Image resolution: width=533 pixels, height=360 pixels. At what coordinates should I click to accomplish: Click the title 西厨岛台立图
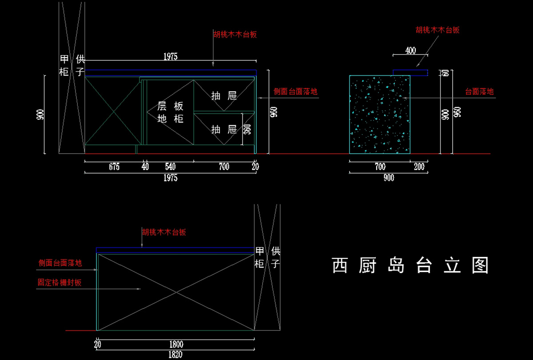pyautogui.click(x=410, y=265)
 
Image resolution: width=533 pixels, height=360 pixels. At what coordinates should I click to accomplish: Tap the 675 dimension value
pyautogui.click(x=114, y=167)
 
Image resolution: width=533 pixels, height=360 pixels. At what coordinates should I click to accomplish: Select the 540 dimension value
pyautogui.click(x=171, y=167)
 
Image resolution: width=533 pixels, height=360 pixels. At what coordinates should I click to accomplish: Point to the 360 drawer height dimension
pyautogui.click(x=247, y=129)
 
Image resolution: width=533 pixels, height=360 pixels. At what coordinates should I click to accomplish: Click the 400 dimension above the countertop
pyautogui.click(x=410, y=51)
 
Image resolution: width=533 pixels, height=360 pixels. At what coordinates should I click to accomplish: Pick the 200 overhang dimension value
pyautogui.click(x=419, y=167)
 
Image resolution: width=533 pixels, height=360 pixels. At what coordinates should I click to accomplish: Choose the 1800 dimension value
pyautogui.click(x=176, y=344)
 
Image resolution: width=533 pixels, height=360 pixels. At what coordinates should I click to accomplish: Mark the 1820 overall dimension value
pyautogui.click(x=175, y=355)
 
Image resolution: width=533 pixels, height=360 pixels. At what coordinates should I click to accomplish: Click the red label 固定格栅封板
pyautogui.click(x=60, y=282)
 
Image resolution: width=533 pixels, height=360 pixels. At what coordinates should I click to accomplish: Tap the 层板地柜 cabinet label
pyautogui.click(x=171, y=112)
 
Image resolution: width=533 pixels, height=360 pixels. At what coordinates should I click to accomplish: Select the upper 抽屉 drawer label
pyautogui.click(x=224, y=95)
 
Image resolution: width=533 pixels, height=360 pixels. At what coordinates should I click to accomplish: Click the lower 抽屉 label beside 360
pyautogui.click(x=224, y=130)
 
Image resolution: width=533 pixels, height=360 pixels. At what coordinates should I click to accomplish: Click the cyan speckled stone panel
pyautogui.click(x=380, y=115)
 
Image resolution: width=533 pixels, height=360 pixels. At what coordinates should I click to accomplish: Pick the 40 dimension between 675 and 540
pyautogui.click(x=145, y=167)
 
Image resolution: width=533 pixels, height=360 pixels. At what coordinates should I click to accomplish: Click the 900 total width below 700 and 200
pyautogui.click(x=389, y=178)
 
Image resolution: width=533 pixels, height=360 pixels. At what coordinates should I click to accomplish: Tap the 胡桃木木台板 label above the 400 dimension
pyautogui.click(x=438, y=30)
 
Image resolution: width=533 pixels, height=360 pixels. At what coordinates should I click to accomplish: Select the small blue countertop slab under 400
pyautogui.click(x=410, y=72)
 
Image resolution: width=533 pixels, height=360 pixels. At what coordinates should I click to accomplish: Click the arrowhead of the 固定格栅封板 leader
pyautogui.click(x=139, y=289)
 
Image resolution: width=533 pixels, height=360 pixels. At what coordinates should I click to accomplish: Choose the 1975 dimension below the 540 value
pyautogui.click(x=171, y=178)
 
